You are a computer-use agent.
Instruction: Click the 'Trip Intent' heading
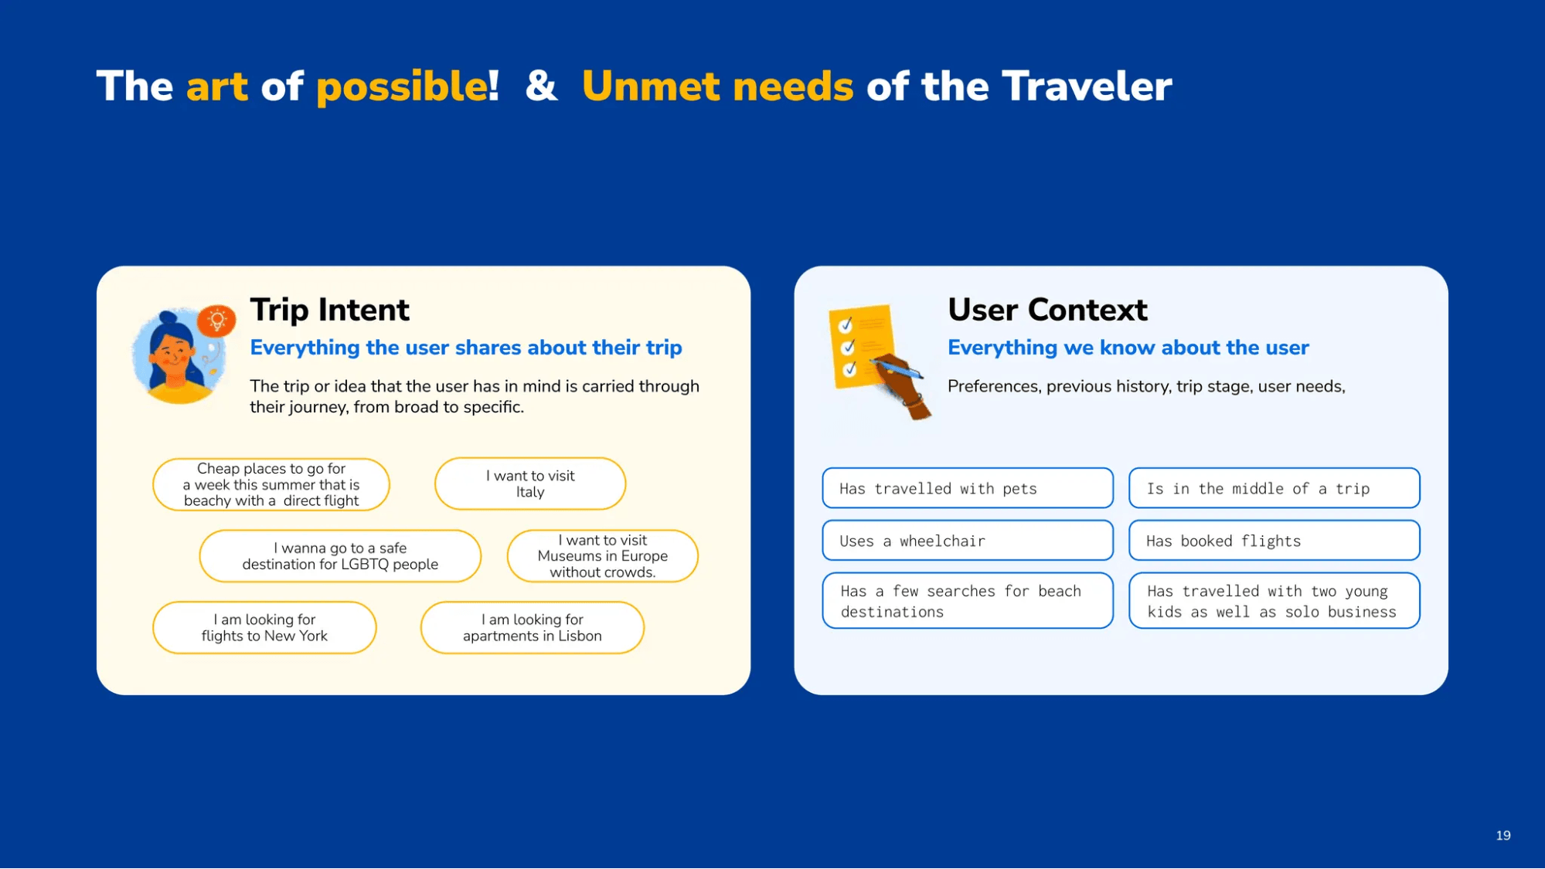(329, 310)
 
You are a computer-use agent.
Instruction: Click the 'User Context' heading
(1047, 310)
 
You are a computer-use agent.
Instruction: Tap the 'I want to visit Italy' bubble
(530, 484)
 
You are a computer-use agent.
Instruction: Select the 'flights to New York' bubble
(264, 627)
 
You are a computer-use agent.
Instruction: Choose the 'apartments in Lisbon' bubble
(532, 627)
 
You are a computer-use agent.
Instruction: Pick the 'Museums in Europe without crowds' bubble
(602, 556)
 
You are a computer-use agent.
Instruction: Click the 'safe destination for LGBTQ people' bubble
(340, 556)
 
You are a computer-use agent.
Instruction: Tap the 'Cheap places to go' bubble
(271, 484)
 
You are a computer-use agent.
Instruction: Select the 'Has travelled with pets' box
(968, 488)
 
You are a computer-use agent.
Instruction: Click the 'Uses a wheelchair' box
(968, 541)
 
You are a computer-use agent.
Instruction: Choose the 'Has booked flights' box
(1274, 541)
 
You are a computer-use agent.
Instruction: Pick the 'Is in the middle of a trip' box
(1274, 488)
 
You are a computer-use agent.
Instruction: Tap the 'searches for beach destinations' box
(968, 601)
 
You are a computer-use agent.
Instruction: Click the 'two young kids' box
(1274, 601)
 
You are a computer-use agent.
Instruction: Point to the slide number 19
(1502, 835)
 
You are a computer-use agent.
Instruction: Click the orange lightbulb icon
(216, 321)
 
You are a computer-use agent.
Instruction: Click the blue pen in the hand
(897, 367)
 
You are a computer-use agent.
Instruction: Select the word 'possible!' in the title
(407, 87)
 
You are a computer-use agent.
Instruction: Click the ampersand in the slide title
(541, 86)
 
